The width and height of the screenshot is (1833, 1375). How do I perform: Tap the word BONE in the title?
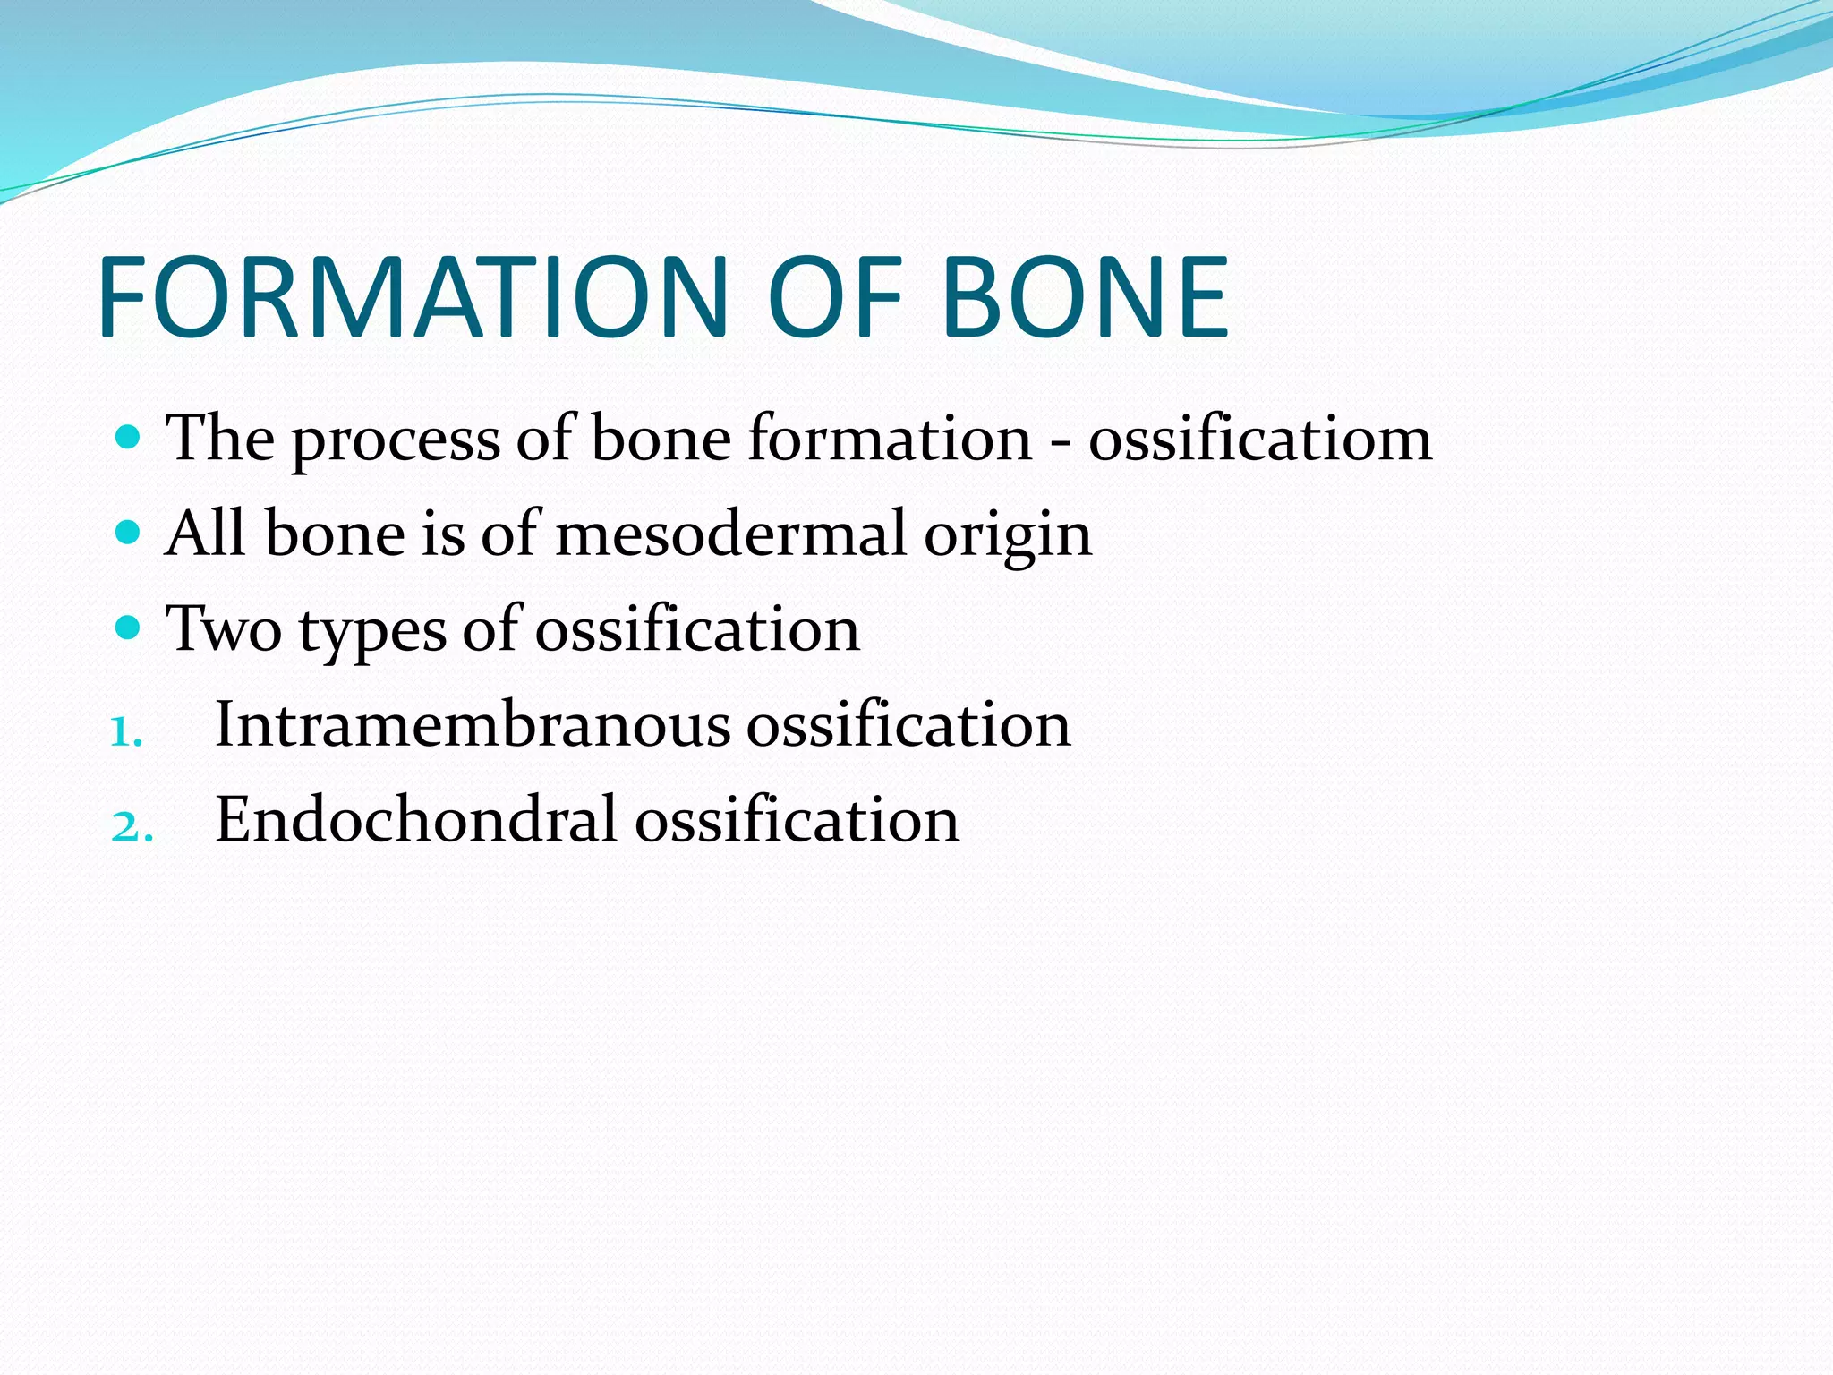(1085, 298)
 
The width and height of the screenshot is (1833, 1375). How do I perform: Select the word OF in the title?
(834, 298)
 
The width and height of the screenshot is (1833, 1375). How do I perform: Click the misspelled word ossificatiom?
(1259, 439)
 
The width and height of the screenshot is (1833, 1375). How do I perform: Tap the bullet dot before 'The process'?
(129, 437)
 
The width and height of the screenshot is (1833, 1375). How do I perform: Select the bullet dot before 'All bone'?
(129, 533)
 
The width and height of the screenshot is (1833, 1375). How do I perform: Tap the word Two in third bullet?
(224, 628)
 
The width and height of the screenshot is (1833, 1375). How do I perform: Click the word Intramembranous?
(473, 724)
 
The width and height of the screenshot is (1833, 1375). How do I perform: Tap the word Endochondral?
(416, 819)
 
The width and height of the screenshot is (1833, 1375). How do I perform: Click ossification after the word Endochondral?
(797, 819)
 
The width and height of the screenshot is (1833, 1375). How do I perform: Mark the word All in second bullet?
(205, 533)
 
